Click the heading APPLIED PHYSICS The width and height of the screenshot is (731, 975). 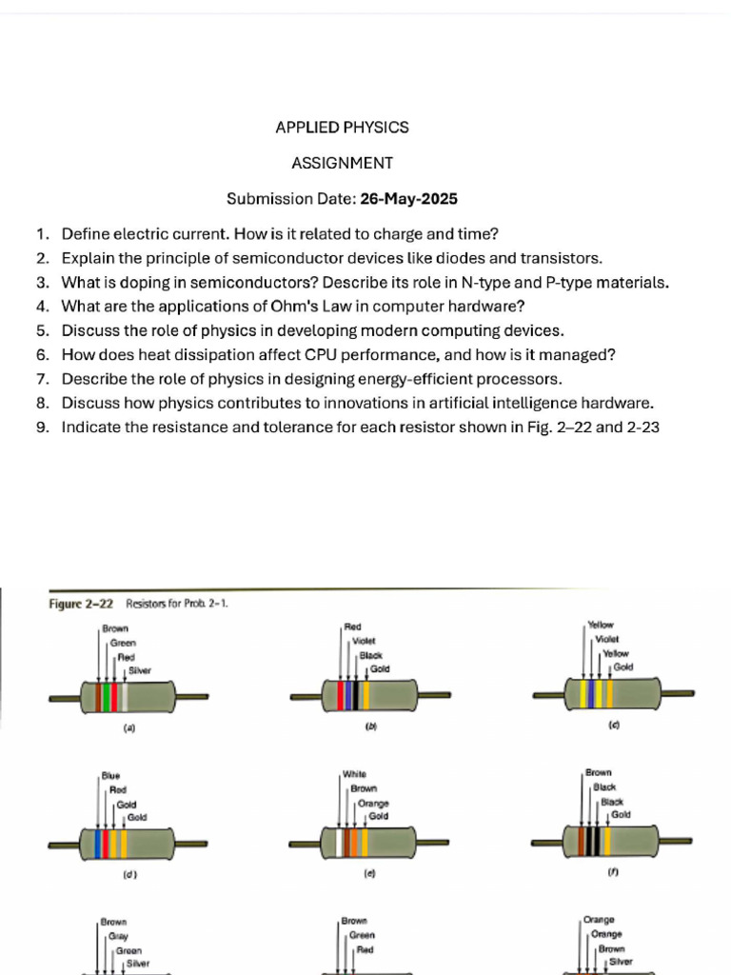(342, 128)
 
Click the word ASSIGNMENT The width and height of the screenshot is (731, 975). (342, 163)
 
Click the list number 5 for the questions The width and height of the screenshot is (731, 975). (42, 330)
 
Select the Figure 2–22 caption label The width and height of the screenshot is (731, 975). (82, 604)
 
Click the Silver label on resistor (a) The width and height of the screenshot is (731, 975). (139, 670)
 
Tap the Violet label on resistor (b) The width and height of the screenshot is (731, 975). (364, 642)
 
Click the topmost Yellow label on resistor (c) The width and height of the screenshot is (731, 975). (602, 625)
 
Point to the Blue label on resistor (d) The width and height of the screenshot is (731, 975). (111, 776)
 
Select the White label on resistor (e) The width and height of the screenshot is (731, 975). (354, 774)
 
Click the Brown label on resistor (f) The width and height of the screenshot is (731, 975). (599, 772)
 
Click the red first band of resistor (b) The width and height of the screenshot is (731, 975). (342, 696)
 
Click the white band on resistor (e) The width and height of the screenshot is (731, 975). (338, 844)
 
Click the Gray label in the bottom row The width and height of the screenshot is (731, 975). (118, 937)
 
